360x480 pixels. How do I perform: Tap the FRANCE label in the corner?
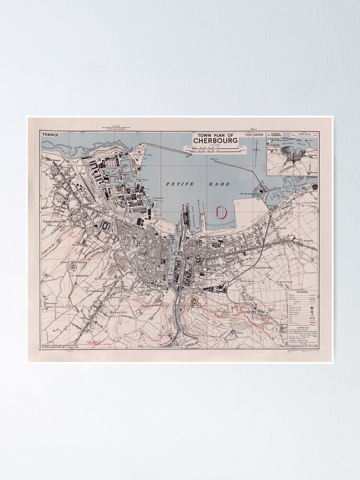pyautogui.click(x=50, y=135)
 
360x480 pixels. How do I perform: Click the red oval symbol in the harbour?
pyautogui.click(x=220, y=212)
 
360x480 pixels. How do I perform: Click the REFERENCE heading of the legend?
pyautogui.click(x=302, y=291)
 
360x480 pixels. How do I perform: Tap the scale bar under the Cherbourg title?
pyautogui.click(x=215, y=150)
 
